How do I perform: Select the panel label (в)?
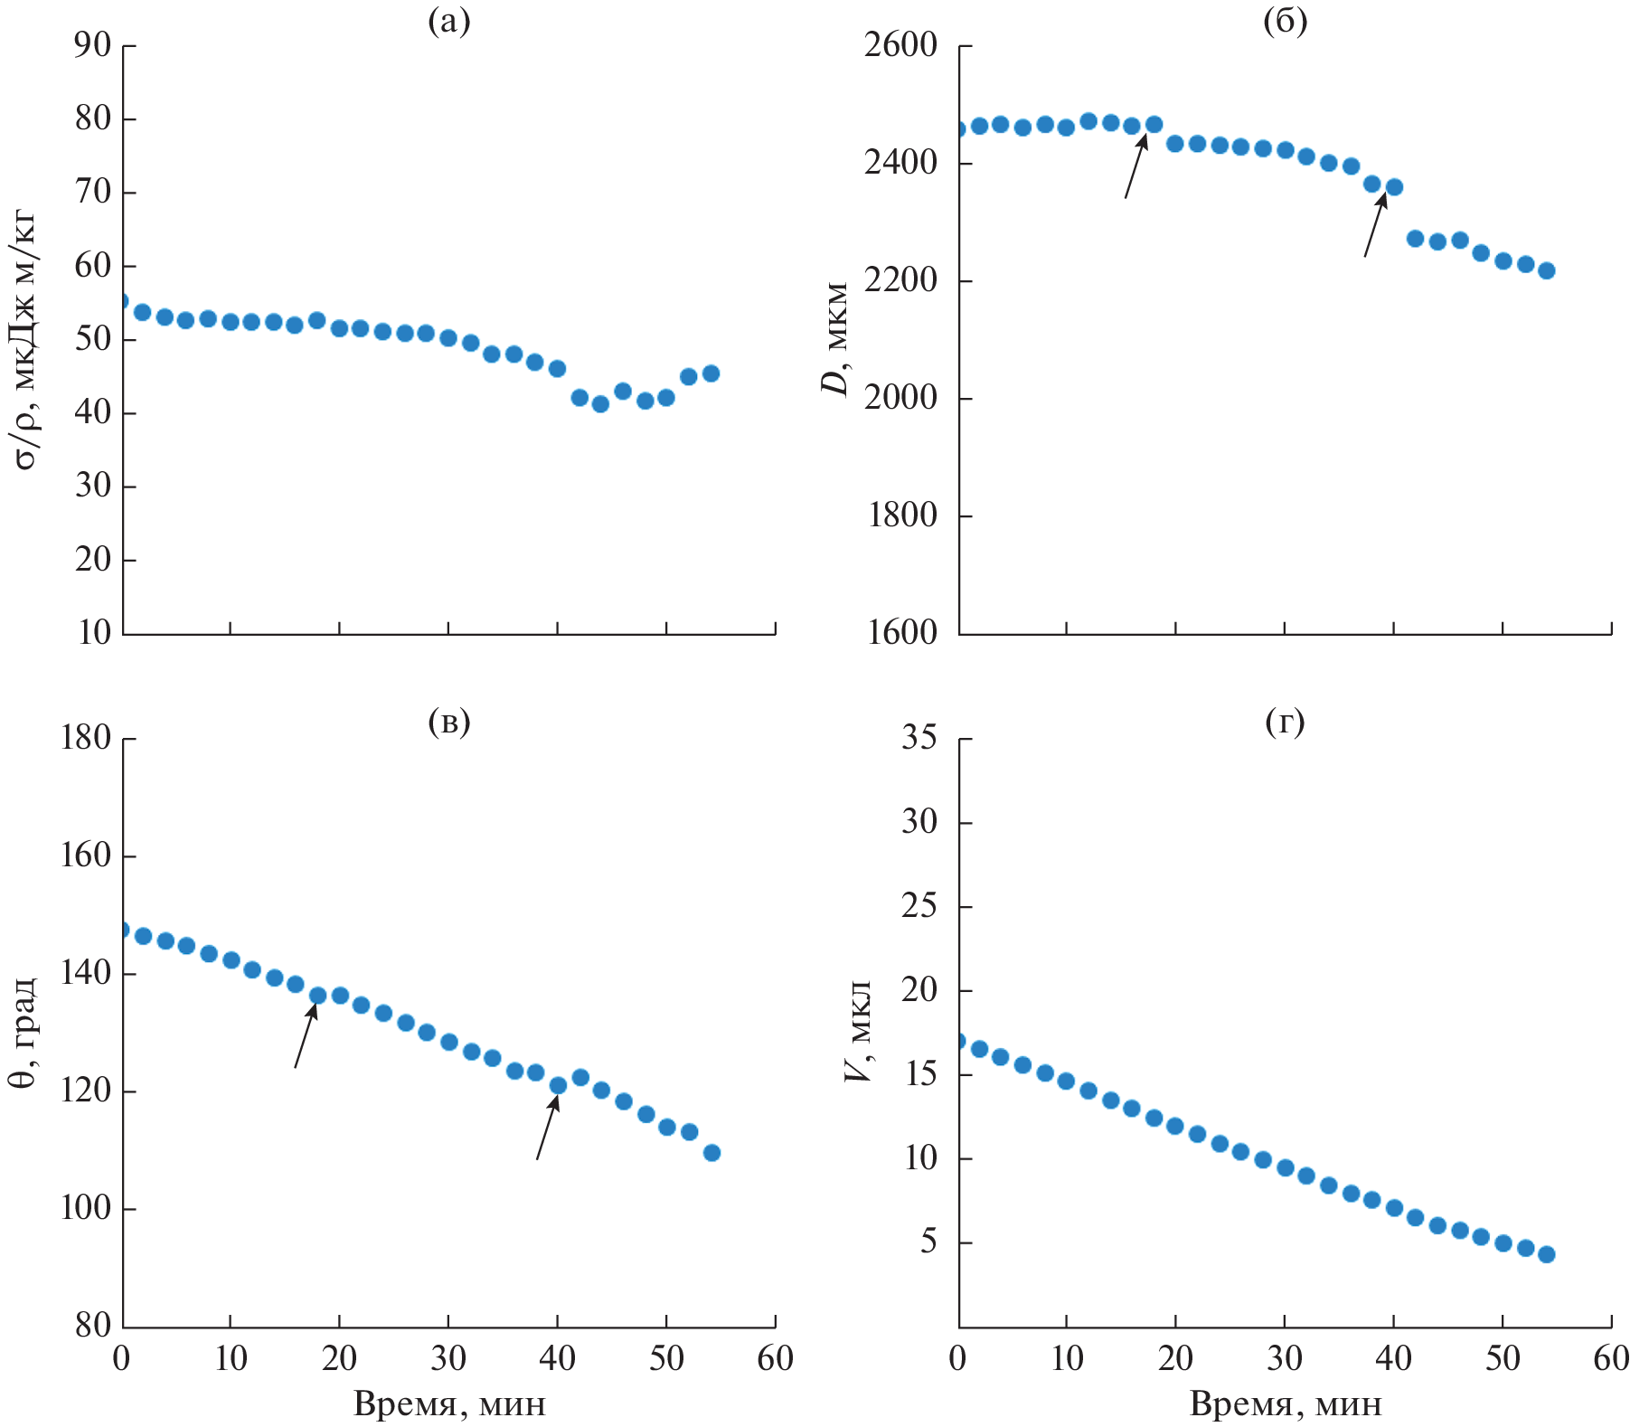tap(448, 722)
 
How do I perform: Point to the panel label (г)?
tap(1285, 722)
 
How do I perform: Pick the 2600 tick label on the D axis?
tap(900, 45)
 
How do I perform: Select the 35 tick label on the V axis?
tap(919, 738)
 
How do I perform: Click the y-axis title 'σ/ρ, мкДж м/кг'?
tap(25, 339)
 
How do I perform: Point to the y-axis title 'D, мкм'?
tap(835, 339)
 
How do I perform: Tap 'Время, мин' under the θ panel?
tap(449, 1403)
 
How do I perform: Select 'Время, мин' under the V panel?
tap(1286, 1403)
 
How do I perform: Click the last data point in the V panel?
tap(1546, 1254)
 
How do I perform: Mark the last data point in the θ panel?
tap(711, 1152)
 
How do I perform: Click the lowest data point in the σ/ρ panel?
tap(600, 404)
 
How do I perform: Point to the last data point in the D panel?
tap(1546, 270)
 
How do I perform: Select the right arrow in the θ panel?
tap(547, 1127)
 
